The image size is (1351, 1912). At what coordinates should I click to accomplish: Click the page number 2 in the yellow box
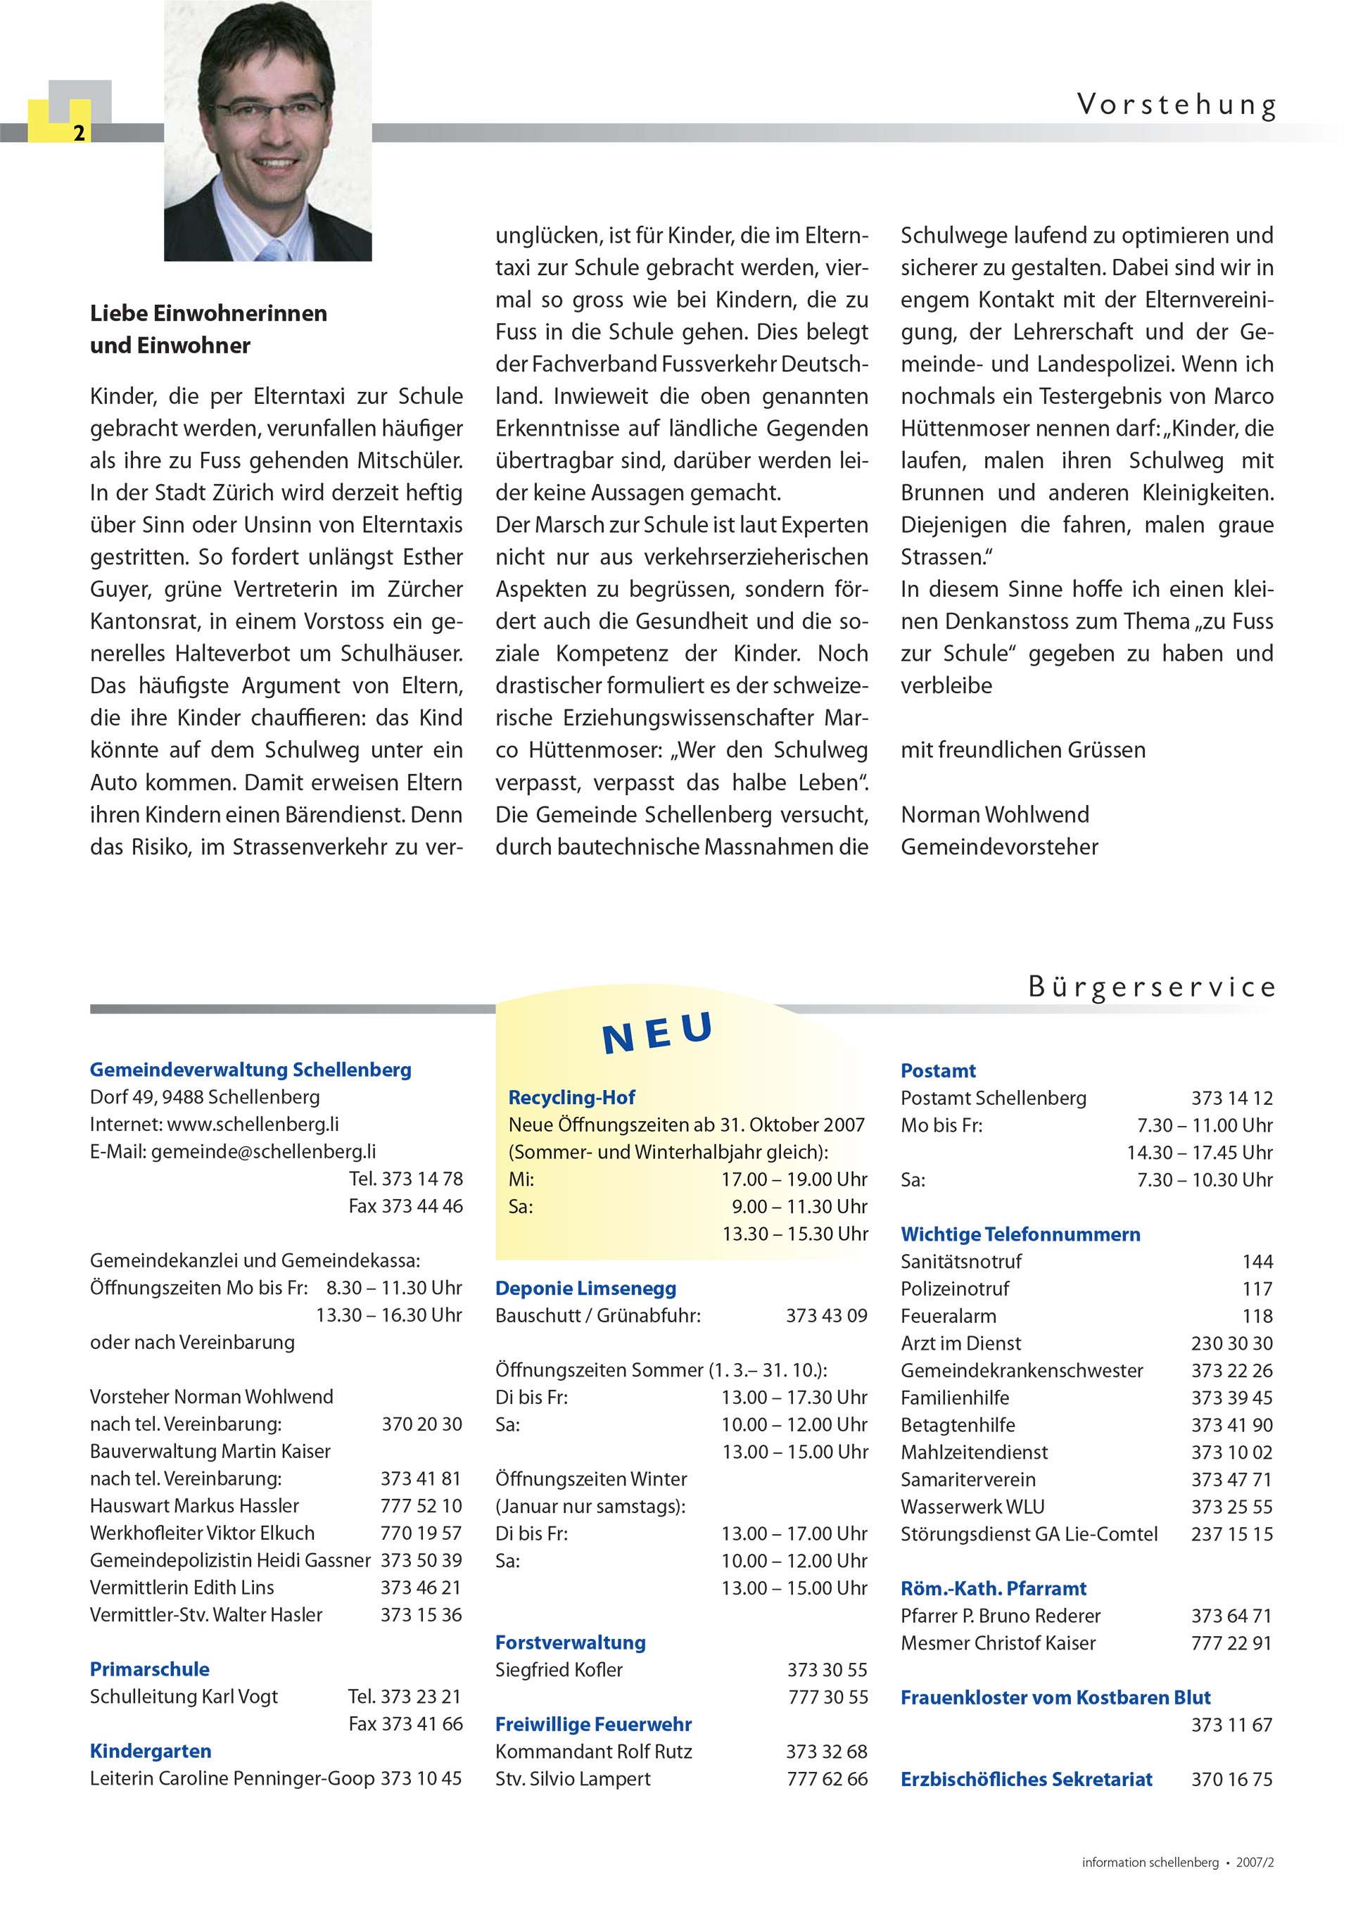pos(79,133)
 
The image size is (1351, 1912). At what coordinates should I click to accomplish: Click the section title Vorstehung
pos(1175,105)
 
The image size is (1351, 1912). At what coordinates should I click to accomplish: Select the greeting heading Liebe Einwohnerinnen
pos(208,314)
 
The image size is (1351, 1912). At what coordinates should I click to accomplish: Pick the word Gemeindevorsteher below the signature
pos(998,847)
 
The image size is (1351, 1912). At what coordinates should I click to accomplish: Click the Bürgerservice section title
pos(1151,987)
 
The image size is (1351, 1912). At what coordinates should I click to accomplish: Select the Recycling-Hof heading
pos(571,1098)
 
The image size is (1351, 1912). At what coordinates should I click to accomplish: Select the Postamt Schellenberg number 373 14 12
pos(1231,1099)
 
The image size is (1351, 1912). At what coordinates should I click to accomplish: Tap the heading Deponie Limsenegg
pos(585,1289)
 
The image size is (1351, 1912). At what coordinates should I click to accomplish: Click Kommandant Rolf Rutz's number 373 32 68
pos(826,1752)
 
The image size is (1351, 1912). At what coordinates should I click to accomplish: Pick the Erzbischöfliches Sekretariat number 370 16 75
pos(1231,1780)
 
